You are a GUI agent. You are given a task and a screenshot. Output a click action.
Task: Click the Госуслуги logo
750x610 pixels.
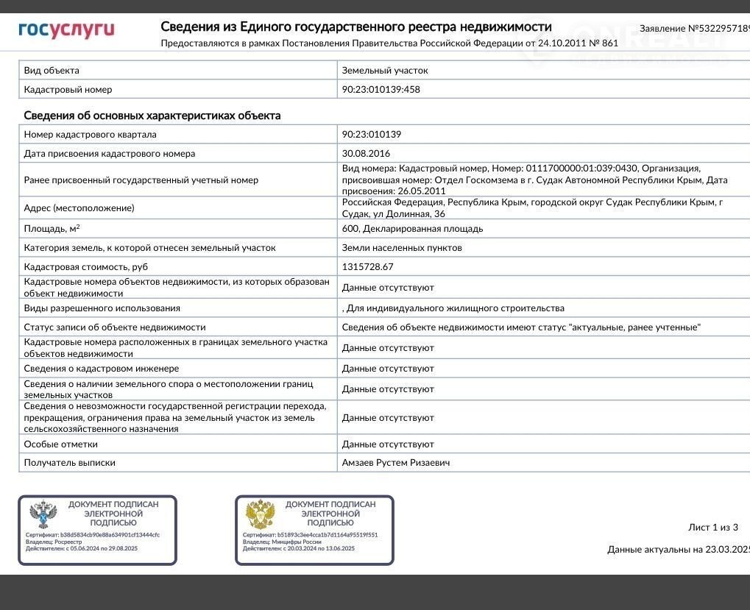tap(66, 30)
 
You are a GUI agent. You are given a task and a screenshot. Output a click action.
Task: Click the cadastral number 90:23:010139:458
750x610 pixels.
tap(381, 90)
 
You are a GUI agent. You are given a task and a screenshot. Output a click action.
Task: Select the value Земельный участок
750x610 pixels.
tap(384, 71)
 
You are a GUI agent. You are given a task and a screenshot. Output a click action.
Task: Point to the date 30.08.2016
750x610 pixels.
tap(366, 154)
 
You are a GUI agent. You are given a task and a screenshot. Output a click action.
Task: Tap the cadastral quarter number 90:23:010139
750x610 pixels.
tap(371, 135)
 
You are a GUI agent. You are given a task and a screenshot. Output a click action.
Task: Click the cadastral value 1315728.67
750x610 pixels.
tap(367, 267)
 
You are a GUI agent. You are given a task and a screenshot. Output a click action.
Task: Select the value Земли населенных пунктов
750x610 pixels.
tap(402, 248)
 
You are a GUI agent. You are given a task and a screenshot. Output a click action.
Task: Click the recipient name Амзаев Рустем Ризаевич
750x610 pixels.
tap(396, 463)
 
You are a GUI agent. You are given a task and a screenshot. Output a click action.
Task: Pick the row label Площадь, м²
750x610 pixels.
tap(52, 229)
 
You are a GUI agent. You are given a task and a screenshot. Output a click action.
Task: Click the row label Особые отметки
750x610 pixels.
tap(60, 444)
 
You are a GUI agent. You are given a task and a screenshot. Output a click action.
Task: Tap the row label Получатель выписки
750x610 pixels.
tap(69, 463)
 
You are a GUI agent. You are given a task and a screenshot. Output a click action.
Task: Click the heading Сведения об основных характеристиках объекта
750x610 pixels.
tap(152, 116)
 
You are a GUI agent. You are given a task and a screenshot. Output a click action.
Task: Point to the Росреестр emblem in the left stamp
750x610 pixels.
tap(43, 514)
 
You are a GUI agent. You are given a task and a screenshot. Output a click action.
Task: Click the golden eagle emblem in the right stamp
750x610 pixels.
tap(260, 514)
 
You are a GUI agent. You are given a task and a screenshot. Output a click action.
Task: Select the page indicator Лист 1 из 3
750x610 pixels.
tap(712, 527)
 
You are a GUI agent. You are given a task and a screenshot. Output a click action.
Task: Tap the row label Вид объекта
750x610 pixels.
tap(52, 71)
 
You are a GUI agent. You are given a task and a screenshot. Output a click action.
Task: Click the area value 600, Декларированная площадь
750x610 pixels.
tap(412, 229)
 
